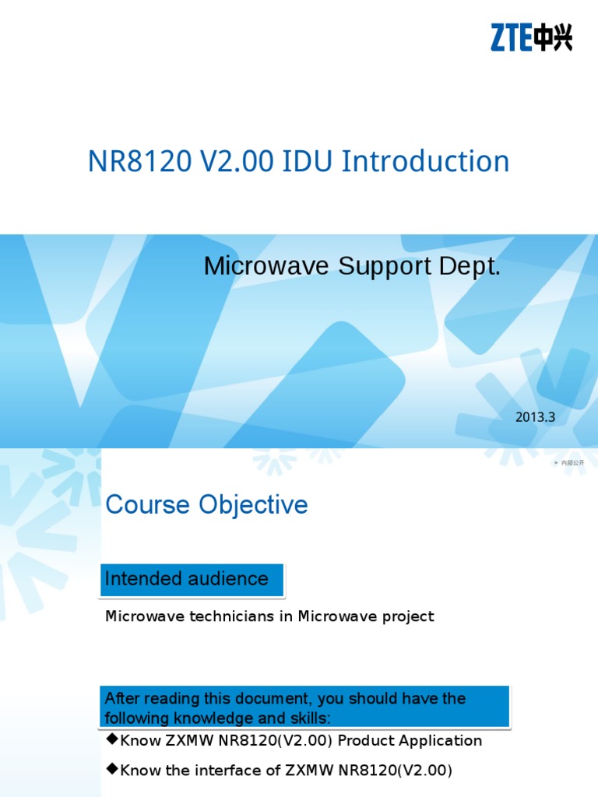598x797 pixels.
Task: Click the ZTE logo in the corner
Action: click(x=531, y=37)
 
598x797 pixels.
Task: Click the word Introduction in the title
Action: click(x=426, y=162)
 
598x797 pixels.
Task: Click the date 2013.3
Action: click(x=535, y=417)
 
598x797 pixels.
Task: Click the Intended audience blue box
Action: click(x=192, y=579)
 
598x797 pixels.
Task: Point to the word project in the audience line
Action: click(x=406, y=616)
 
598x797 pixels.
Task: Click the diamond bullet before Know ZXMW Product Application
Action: click(x=111, y=739)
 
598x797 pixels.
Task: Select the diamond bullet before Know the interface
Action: click(x=111, y=769)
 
